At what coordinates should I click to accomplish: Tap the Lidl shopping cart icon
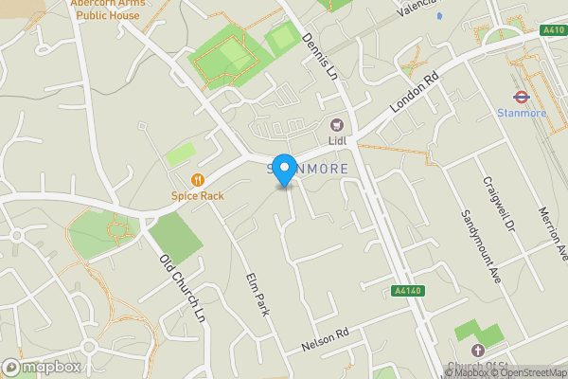click(336, 125)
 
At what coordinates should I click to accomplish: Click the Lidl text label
click(337, 141)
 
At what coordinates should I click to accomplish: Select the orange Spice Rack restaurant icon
click(198, 179)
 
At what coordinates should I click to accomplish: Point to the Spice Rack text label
click(198, 196)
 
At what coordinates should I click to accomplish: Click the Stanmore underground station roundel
click(520, 96)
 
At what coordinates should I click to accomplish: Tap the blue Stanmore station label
click(520, 114)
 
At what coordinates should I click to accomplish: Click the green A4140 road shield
click(404, 292)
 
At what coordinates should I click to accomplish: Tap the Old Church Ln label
click(181, 284)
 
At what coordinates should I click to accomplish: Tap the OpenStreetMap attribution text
click(527, 373)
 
